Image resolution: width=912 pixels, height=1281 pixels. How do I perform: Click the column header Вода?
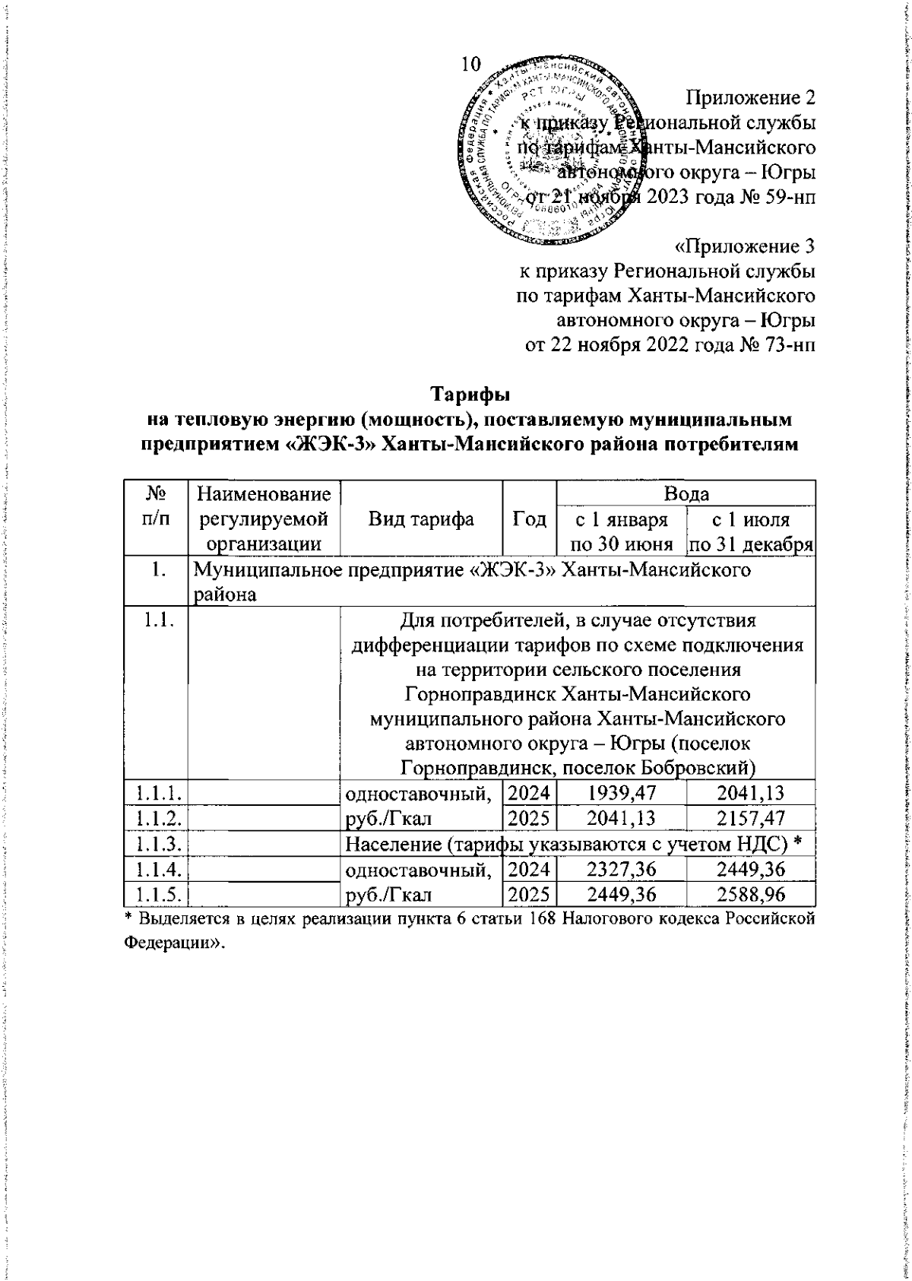coord(708,493)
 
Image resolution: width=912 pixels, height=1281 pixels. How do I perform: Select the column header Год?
coord(551,519)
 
